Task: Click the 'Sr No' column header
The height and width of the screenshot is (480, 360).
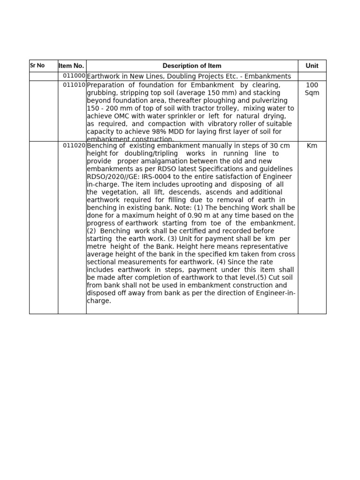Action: (x=37, y=66)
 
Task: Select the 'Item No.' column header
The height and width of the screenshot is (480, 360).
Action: (x=71, y=66)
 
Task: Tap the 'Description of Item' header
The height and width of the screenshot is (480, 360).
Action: (x=192, y=66)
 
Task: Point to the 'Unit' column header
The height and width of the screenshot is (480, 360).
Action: (x=312, y=66)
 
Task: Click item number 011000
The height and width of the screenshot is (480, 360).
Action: (x=74, y=76)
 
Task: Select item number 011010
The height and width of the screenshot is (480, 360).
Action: (x=74, y=85)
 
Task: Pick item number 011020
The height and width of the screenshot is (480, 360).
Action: (x=74, y=145)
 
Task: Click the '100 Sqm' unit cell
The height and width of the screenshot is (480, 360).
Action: (x=312, y=89)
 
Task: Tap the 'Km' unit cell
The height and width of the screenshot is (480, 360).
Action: (x=312, y=146)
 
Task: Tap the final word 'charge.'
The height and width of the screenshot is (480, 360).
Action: (x=99, y=300)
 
